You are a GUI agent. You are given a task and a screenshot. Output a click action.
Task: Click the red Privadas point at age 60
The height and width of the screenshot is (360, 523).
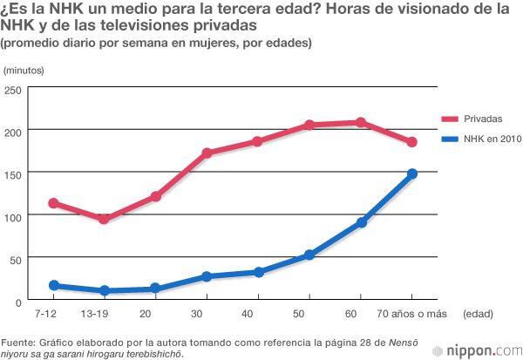point(361,122)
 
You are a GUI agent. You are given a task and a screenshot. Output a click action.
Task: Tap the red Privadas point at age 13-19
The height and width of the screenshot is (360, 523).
point(104,219)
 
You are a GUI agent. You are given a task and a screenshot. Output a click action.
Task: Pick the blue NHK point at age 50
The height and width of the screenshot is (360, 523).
point(309,255)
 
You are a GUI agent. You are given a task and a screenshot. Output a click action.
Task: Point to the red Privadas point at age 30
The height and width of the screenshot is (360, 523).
point(207,153)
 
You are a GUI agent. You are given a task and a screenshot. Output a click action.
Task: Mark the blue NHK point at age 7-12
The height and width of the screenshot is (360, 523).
point(53,285)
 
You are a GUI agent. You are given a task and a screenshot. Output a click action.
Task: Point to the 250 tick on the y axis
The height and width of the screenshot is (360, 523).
point(14,90)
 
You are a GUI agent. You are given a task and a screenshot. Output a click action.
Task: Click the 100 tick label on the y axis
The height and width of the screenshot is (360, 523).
point(14,215)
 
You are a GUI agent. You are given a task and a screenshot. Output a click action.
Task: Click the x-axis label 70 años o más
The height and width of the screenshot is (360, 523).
point(411,313)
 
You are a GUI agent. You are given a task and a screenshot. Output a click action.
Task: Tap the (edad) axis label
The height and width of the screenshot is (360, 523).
point(479,313)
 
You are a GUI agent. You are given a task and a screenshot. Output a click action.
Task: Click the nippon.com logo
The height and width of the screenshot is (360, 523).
point(482,350)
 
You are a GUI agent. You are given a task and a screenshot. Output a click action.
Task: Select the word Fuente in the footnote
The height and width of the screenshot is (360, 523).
point(19,341)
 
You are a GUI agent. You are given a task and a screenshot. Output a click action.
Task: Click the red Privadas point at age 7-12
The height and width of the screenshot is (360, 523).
point(53,202)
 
